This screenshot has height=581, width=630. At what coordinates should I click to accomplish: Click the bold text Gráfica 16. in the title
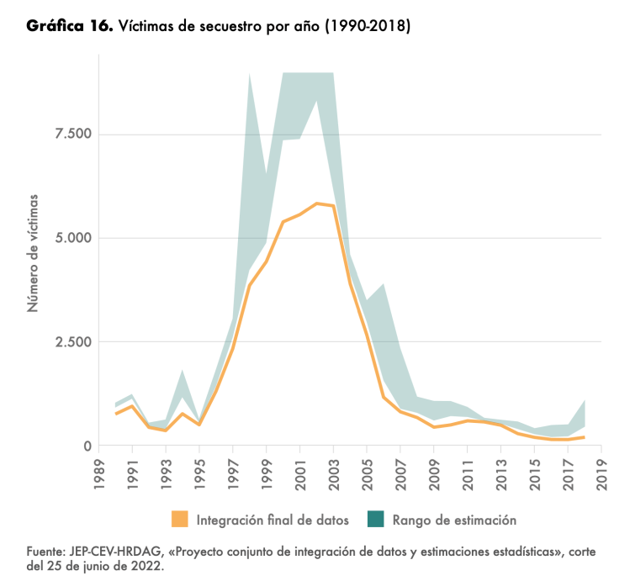(x=69, y=26)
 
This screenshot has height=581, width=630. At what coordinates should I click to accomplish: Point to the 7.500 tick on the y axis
(x=73, y=135)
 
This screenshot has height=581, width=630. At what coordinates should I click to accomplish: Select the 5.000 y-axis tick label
(x=73, y=238)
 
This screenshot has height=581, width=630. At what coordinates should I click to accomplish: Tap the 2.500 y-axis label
(x=73, y=342)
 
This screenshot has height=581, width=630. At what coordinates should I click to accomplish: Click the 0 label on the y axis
(x=87, y=446)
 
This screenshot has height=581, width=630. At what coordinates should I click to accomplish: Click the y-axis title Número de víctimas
(x=34, y=252)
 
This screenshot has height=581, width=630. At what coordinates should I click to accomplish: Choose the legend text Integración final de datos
(x=273, y=520)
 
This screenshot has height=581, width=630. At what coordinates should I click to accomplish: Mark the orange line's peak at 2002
(x=316, y=203)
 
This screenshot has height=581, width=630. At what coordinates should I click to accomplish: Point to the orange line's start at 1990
(x=117, y=414)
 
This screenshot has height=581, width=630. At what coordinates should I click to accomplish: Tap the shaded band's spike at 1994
(x=183, y=371)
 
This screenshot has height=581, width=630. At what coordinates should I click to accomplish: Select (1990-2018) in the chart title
(x=368, y=27)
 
